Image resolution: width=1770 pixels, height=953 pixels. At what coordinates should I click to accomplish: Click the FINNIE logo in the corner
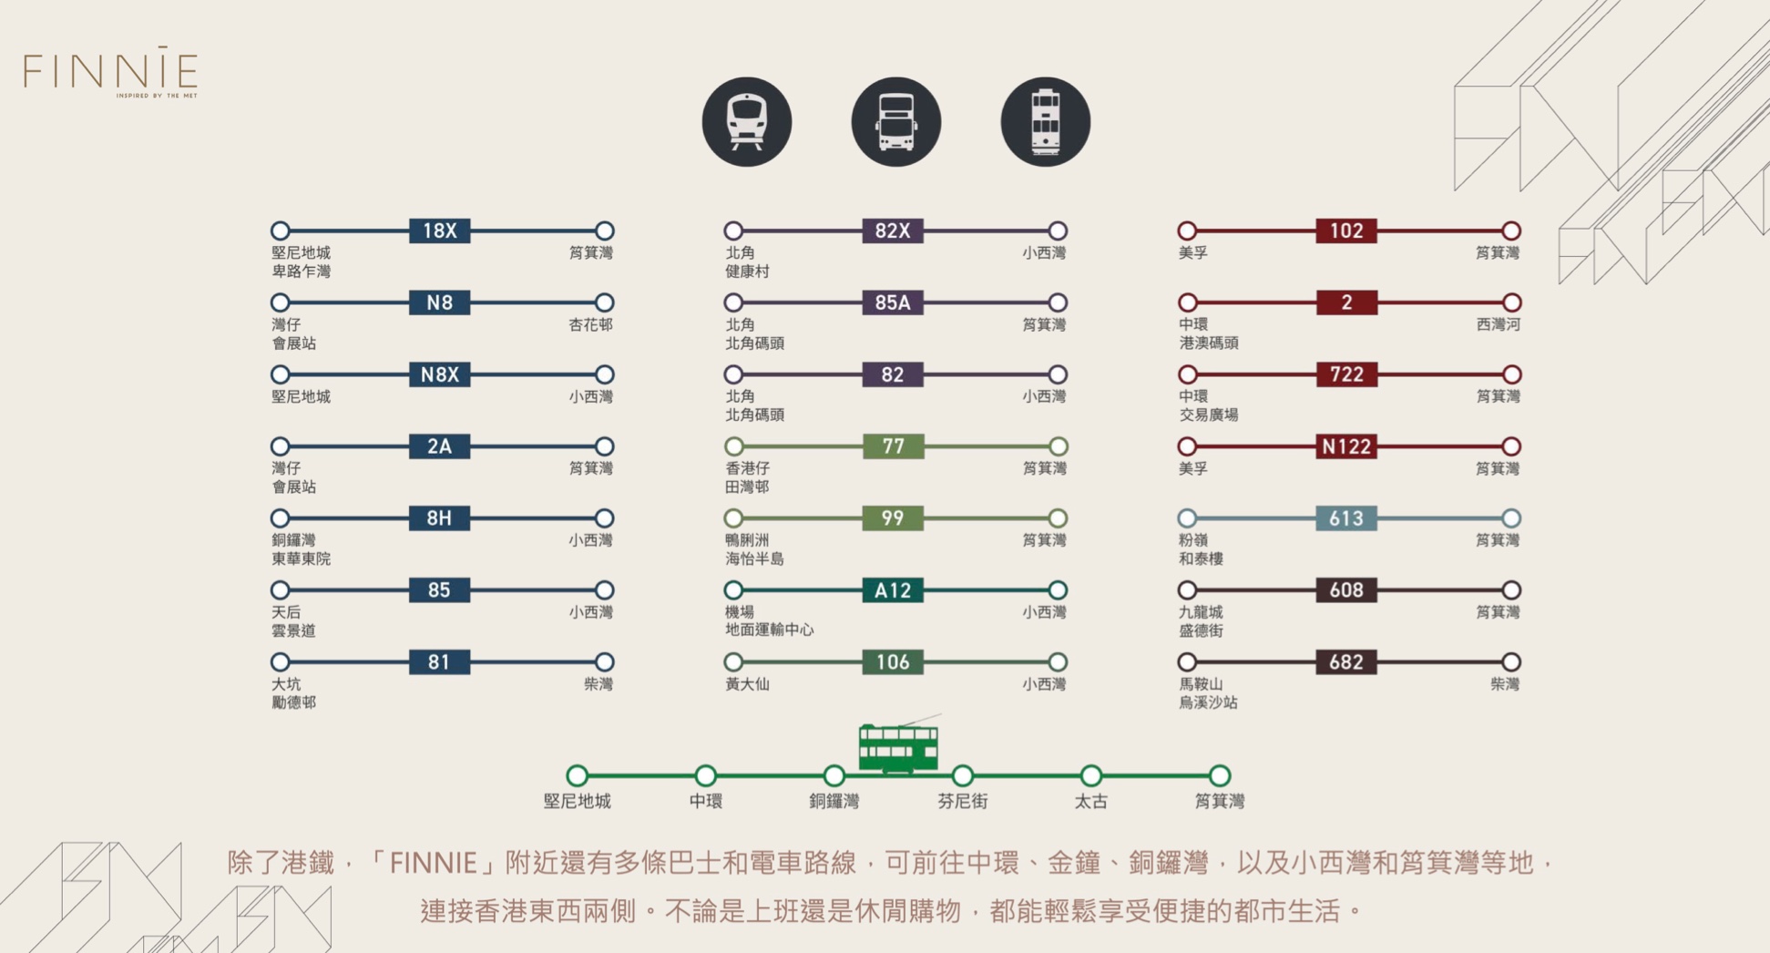[x=110, y=72]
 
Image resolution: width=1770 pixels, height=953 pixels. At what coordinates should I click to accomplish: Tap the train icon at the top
[x=746, y=122]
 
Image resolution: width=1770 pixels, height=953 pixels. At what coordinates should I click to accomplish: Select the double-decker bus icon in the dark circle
[x=895, y=122]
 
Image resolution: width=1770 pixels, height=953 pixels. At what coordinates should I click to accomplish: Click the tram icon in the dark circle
[x=1045, y=122]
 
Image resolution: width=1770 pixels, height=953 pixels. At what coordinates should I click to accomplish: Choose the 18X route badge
[x=439, y=231]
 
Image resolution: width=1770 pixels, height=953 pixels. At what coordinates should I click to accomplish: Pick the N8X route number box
[x=439, y=374]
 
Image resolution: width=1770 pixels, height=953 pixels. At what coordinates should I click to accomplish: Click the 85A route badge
[x=892, y=302]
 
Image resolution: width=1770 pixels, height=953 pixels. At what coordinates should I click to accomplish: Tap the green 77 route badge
[x=892, y=446]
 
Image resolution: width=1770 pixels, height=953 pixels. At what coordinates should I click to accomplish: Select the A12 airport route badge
[x=892, y=590]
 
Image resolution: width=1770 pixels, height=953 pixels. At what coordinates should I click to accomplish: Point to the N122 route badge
[x=1345, y=446]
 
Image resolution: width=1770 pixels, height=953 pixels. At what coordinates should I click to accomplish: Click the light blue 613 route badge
[x=1345, y=518]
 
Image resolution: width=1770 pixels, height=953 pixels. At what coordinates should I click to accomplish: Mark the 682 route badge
[x=1345, y=662]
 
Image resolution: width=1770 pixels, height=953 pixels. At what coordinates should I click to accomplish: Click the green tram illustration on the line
[x=898, y=746]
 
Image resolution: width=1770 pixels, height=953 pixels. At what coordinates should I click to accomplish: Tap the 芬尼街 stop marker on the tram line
[x=963, y=776]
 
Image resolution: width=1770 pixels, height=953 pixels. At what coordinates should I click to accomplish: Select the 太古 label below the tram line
[x=1090, y=802]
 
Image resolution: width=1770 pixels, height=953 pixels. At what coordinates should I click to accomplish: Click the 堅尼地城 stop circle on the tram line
[x=577, y=776]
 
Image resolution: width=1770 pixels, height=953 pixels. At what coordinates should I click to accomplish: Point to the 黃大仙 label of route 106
[x=747, y=684]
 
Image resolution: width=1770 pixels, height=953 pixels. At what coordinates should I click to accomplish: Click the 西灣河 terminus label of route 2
[x=1498, y=324]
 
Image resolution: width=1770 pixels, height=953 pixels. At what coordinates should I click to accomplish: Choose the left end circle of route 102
[x=1187, y=231]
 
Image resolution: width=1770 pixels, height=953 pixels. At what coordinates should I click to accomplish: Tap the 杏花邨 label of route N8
[x=590, y=324]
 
